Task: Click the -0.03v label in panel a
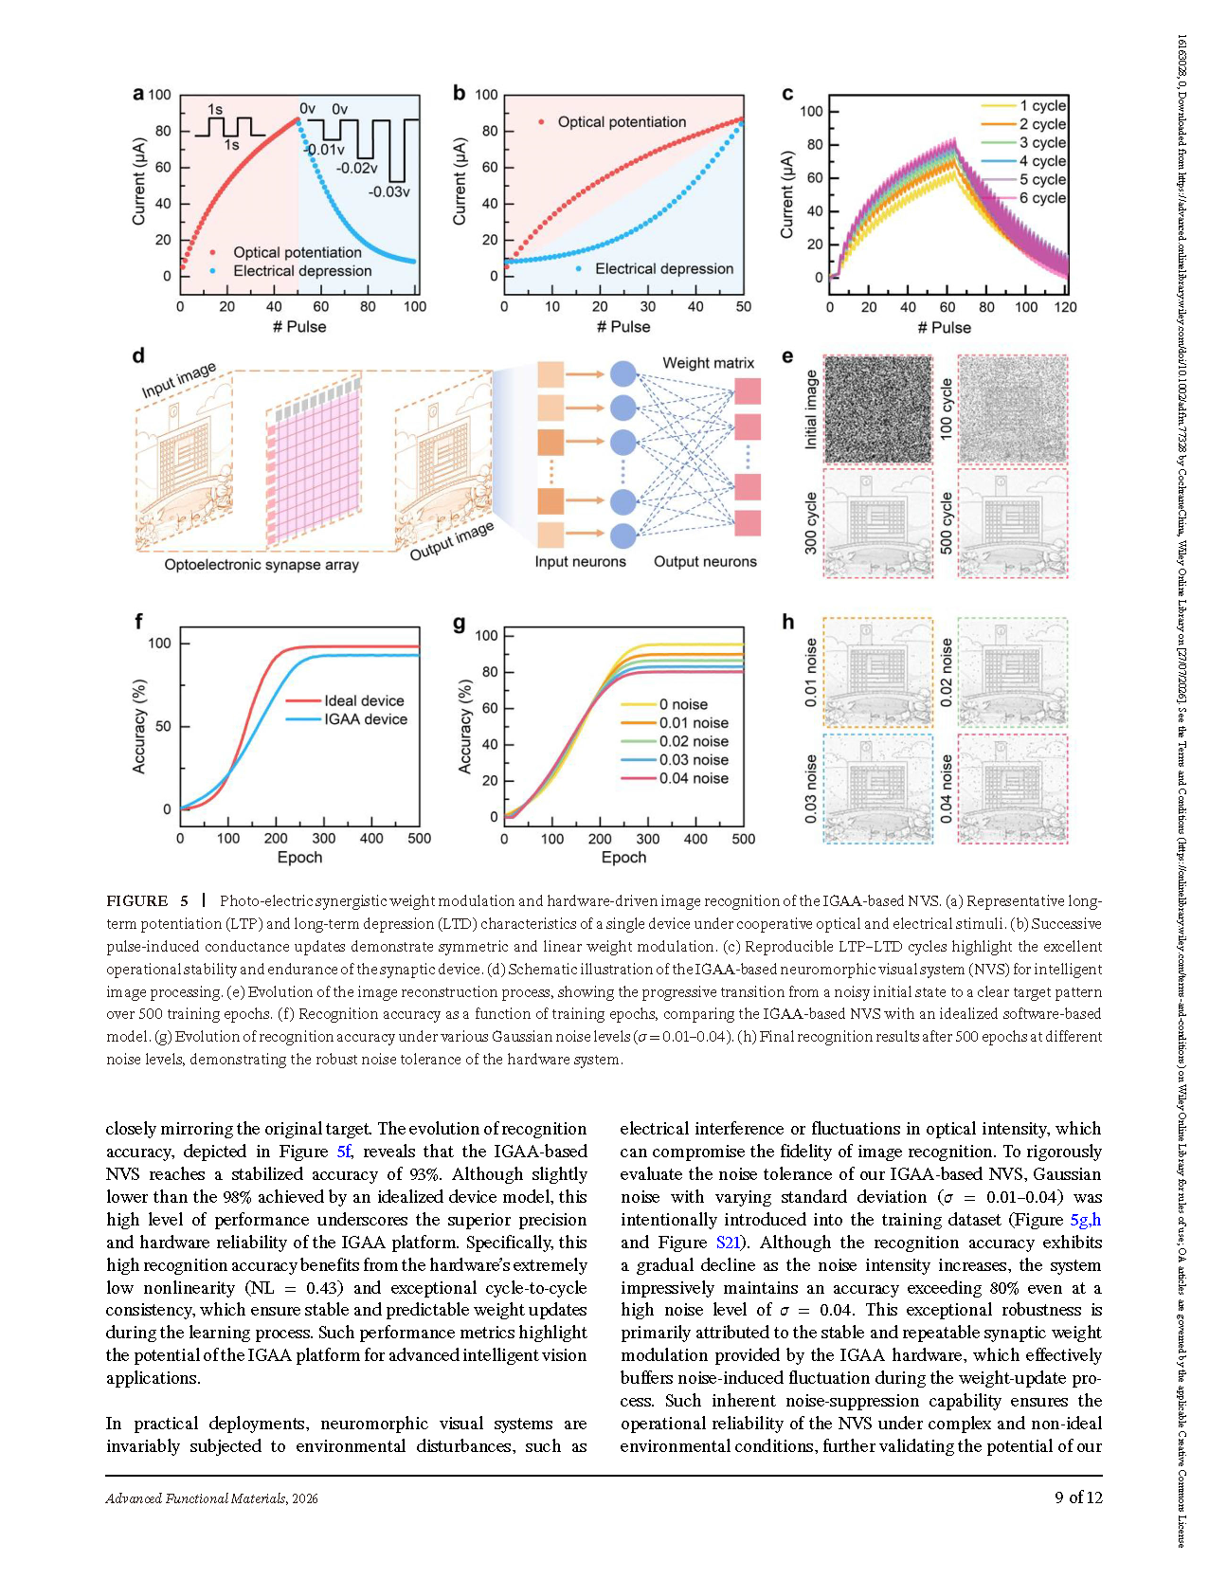click(389, 191)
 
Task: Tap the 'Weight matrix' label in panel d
click(709, 363)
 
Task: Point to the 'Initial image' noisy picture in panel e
click(878, 409)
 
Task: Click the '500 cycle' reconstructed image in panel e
click(1013, 523)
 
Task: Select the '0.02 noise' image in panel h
click(1013, 672)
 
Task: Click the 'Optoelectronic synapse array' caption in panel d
click(262, 565)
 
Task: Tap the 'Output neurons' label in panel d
click(705, 561)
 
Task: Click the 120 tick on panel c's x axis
click(1066, 307)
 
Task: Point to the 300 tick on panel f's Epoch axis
click(324, 838)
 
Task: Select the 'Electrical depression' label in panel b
click(664, 269)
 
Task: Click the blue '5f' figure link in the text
click(344, 1152)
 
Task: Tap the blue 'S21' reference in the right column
click(728, 1243)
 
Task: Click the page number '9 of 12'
click(1078, 1497)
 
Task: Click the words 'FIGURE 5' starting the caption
click(148, 900)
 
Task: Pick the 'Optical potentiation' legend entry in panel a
click(298, 252)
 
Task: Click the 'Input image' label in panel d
click(179, 379)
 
